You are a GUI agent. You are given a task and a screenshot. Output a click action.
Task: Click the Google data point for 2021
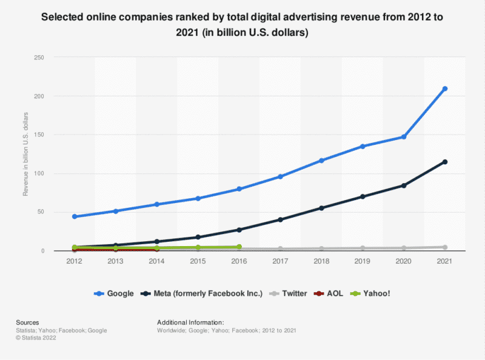click(x=445, y=88)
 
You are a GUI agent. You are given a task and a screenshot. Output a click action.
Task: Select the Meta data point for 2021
click(x=445, y=162)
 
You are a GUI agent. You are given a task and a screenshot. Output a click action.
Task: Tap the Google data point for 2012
click(x=74, y=216)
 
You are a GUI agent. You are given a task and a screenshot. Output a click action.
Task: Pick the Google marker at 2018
click(x=321, y=160)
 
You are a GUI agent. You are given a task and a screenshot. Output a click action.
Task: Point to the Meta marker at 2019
click(x=363, y=196)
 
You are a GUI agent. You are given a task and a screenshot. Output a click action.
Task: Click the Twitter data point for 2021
click(x=445, y=247)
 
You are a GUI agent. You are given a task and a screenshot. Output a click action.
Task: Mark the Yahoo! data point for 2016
click(x=239, y=247)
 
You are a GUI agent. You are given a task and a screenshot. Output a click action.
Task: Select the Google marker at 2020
click(x=404, y=137)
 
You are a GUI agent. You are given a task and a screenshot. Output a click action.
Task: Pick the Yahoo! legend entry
click(x=370, y=293)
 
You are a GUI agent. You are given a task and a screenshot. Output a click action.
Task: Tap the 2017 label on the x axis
click(x=280, y=262)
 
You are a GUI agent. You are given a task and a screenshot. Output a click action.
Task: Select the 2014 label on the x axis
click(x=156, y=262)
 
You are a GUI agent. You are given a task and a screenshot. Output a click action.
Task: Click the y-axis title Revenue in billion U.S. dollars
click(x=25, y=154)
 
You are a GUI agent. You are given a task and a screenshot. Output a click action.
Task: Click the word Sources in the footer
click(x=28, y=322)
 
